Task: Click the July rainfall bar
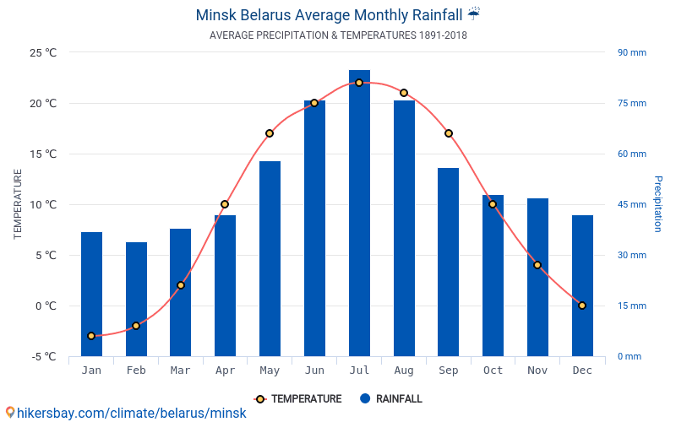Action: click(x=359, y=214)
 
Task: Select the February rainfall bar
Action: click(x=136, y=300)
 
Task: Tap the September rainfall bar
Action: click(x=449, y=262)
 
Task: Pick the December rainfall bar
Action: click(x=582, y=286)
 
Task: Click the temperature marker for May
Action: click(x=270, y=133)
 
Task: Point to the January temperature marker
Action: click(x=91, y=336)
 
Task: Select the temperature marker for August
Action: click(x=404, y=93)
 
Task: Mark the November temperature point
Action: click(x=537, y=265)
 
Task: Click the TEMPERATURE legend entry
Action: click(x=298, y=398)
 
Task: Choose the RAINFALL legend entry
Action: click(x=391, y=398)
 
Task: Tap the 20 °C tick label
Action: click(x=43, y=103)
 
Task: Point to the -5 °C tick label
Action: click(x=44, y=356)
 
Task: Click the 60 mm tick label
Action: click(x=632, y=154)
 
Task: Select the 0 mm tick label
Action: click(x=630, y=356)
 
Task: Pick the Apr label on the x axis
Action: click(x=225, y=371)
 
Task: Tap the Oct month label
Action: click(x=493, y=371)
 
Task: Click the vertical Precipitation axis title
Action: click(x=658, y=203)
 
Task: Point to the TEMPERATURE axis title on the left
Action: click(x=17, y=204)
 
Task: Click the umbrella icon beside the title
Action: click(x=474, y=14)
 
